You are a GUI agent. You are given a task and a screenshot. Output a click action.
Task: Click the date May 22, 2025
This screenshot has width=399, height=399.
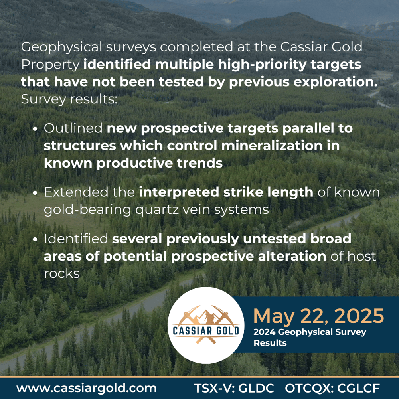pyautogui.click(x=318, y=316)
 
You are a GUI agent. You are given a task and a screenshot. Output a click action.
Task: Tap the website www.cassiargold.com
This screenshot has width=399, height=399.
pyautogui.click(x=87, y=388)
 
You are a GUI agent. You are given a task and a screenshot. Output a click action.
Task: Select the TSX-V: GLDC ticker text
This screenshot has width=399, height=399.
pyautogui.click(x=234, y=388)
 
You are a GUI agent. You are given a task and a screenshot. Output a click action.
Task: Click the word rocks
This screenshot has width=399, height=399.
pyautogui.click(x=62, y=273)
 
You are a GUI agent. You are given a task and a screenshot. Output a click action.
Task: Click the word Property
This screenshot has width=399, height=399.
pyautogui.click(x=50, y=65)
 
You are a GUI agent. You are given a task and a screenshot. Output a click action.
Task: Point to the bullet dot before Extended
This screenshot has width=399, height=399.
pyautogui.click(x=36, y=193)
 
